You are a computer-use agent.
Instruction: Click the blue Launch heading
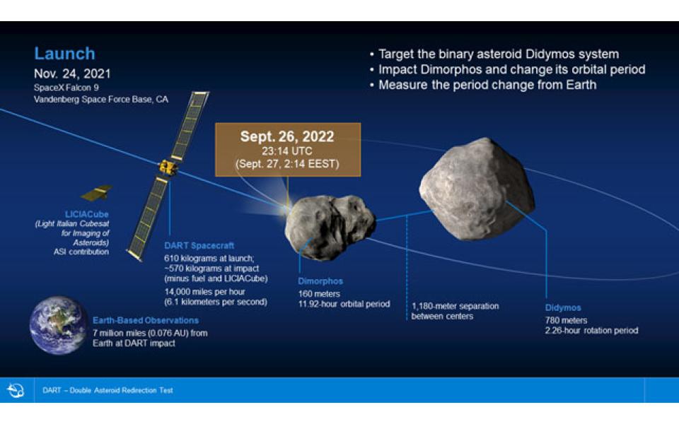[64, 54]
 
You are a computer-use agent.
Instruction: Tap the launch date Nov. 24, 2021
[72, 73]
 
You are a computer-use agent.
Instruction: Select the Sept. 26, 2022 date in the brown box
[287, 136]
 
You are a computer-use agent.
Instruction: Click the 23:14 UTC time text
[286, 151]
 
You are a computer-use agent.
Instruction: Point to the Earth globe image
[58, 325]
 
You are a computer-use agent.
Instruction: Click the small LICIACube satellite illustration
[97, 193]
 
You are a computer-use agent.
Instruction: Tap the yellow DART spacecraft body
[168, 167]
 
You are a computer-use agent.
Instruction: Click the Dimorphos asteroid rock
[330, 226]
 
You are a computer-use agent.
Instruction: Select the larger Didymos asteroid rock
[477, 189]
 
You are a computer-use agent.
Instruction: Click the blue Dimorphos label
[320, 281]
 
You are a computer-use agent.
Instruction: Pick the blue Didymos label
[563, 307]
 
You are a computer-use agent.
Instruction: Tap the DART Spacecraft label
[199, 245]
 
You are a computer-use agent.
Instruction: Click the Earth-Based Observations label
[146, 320]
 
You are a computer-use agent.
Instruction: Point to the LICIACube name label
[86, 214]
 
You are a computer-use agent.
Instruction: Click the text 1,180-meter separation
[455, 306]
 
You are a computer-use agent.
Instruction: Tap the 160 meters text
[319, 294]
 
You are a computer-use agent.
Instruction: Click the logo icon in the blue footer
[16, 390]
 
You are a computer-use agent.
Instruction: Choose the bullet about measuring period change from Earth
[483, 85]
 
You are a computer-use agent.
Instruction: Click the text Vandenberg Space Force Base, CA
[101, 99]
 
